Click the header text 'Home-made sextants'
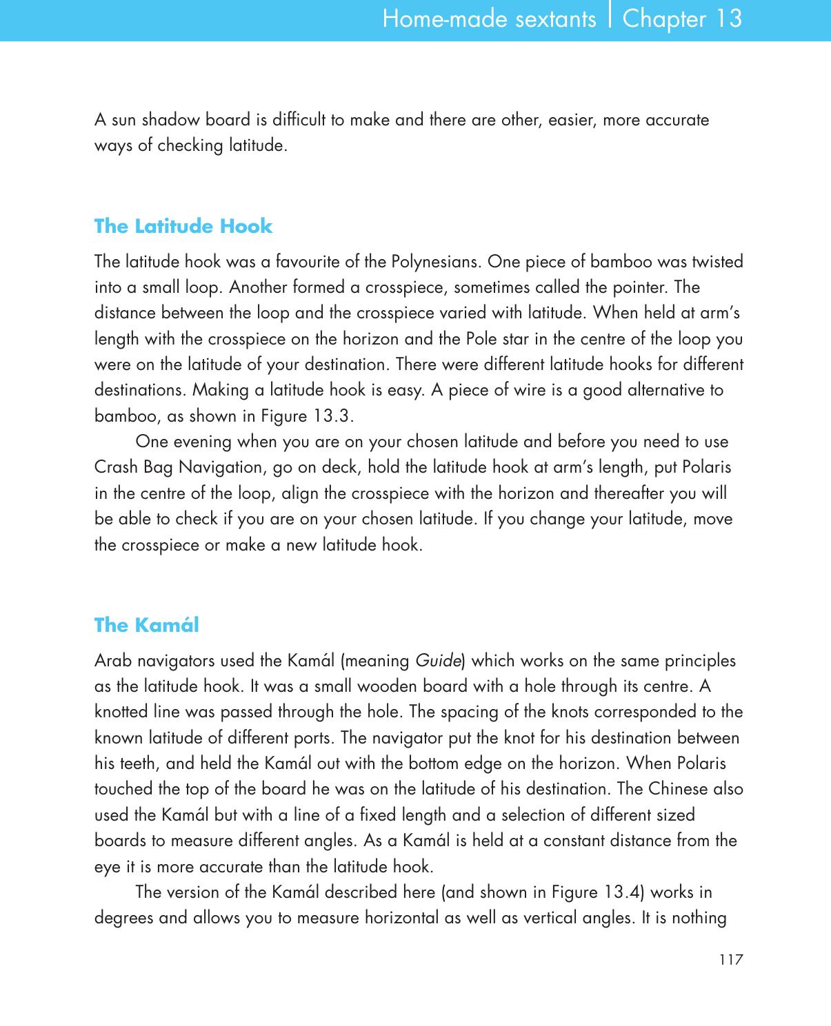[489, 19]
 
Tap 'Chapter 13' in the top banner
[682, 19]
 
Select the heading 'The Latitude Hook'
[183, 226]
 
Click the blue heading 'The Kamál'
[146, 625]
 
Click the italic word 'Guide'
[438, 661]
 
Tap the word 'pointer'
[642, 287]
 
